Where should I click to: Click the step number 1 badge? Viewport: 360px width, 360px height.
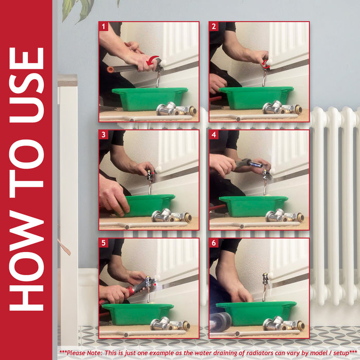[103, 26]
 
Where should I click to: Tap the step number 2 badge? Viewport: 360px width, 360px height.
[214, 26]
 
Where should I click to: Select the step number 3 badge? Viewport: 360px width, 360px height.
[103, 135]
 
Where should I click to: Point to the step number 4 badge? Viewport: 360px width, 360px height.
[214, 135]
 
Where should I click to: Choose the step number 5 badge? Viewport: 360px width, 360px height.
[103, 243]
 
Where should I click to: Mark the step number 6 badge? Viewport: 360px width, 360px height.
[214, 243]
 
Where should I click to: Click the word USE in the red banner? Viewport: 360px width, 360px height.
[26, 85]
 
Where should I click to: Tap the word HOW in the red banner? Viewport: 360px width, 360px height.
[26, 260]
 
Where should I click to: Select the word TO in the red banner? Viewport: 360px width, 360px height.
[26, 169]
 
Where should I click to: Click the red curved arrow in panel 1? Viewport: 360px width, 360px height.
[152, 60]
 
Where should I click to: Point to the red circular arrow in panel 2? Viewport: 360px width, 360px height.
[265, 64]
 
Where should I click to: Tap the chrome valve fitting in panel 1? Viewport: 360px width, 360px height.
[176, 109]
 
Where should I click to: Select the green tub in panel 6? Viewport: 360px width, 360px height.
[256, 313]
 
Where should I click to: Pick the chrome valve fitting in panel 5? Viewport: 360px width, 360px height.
[170, 323]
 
